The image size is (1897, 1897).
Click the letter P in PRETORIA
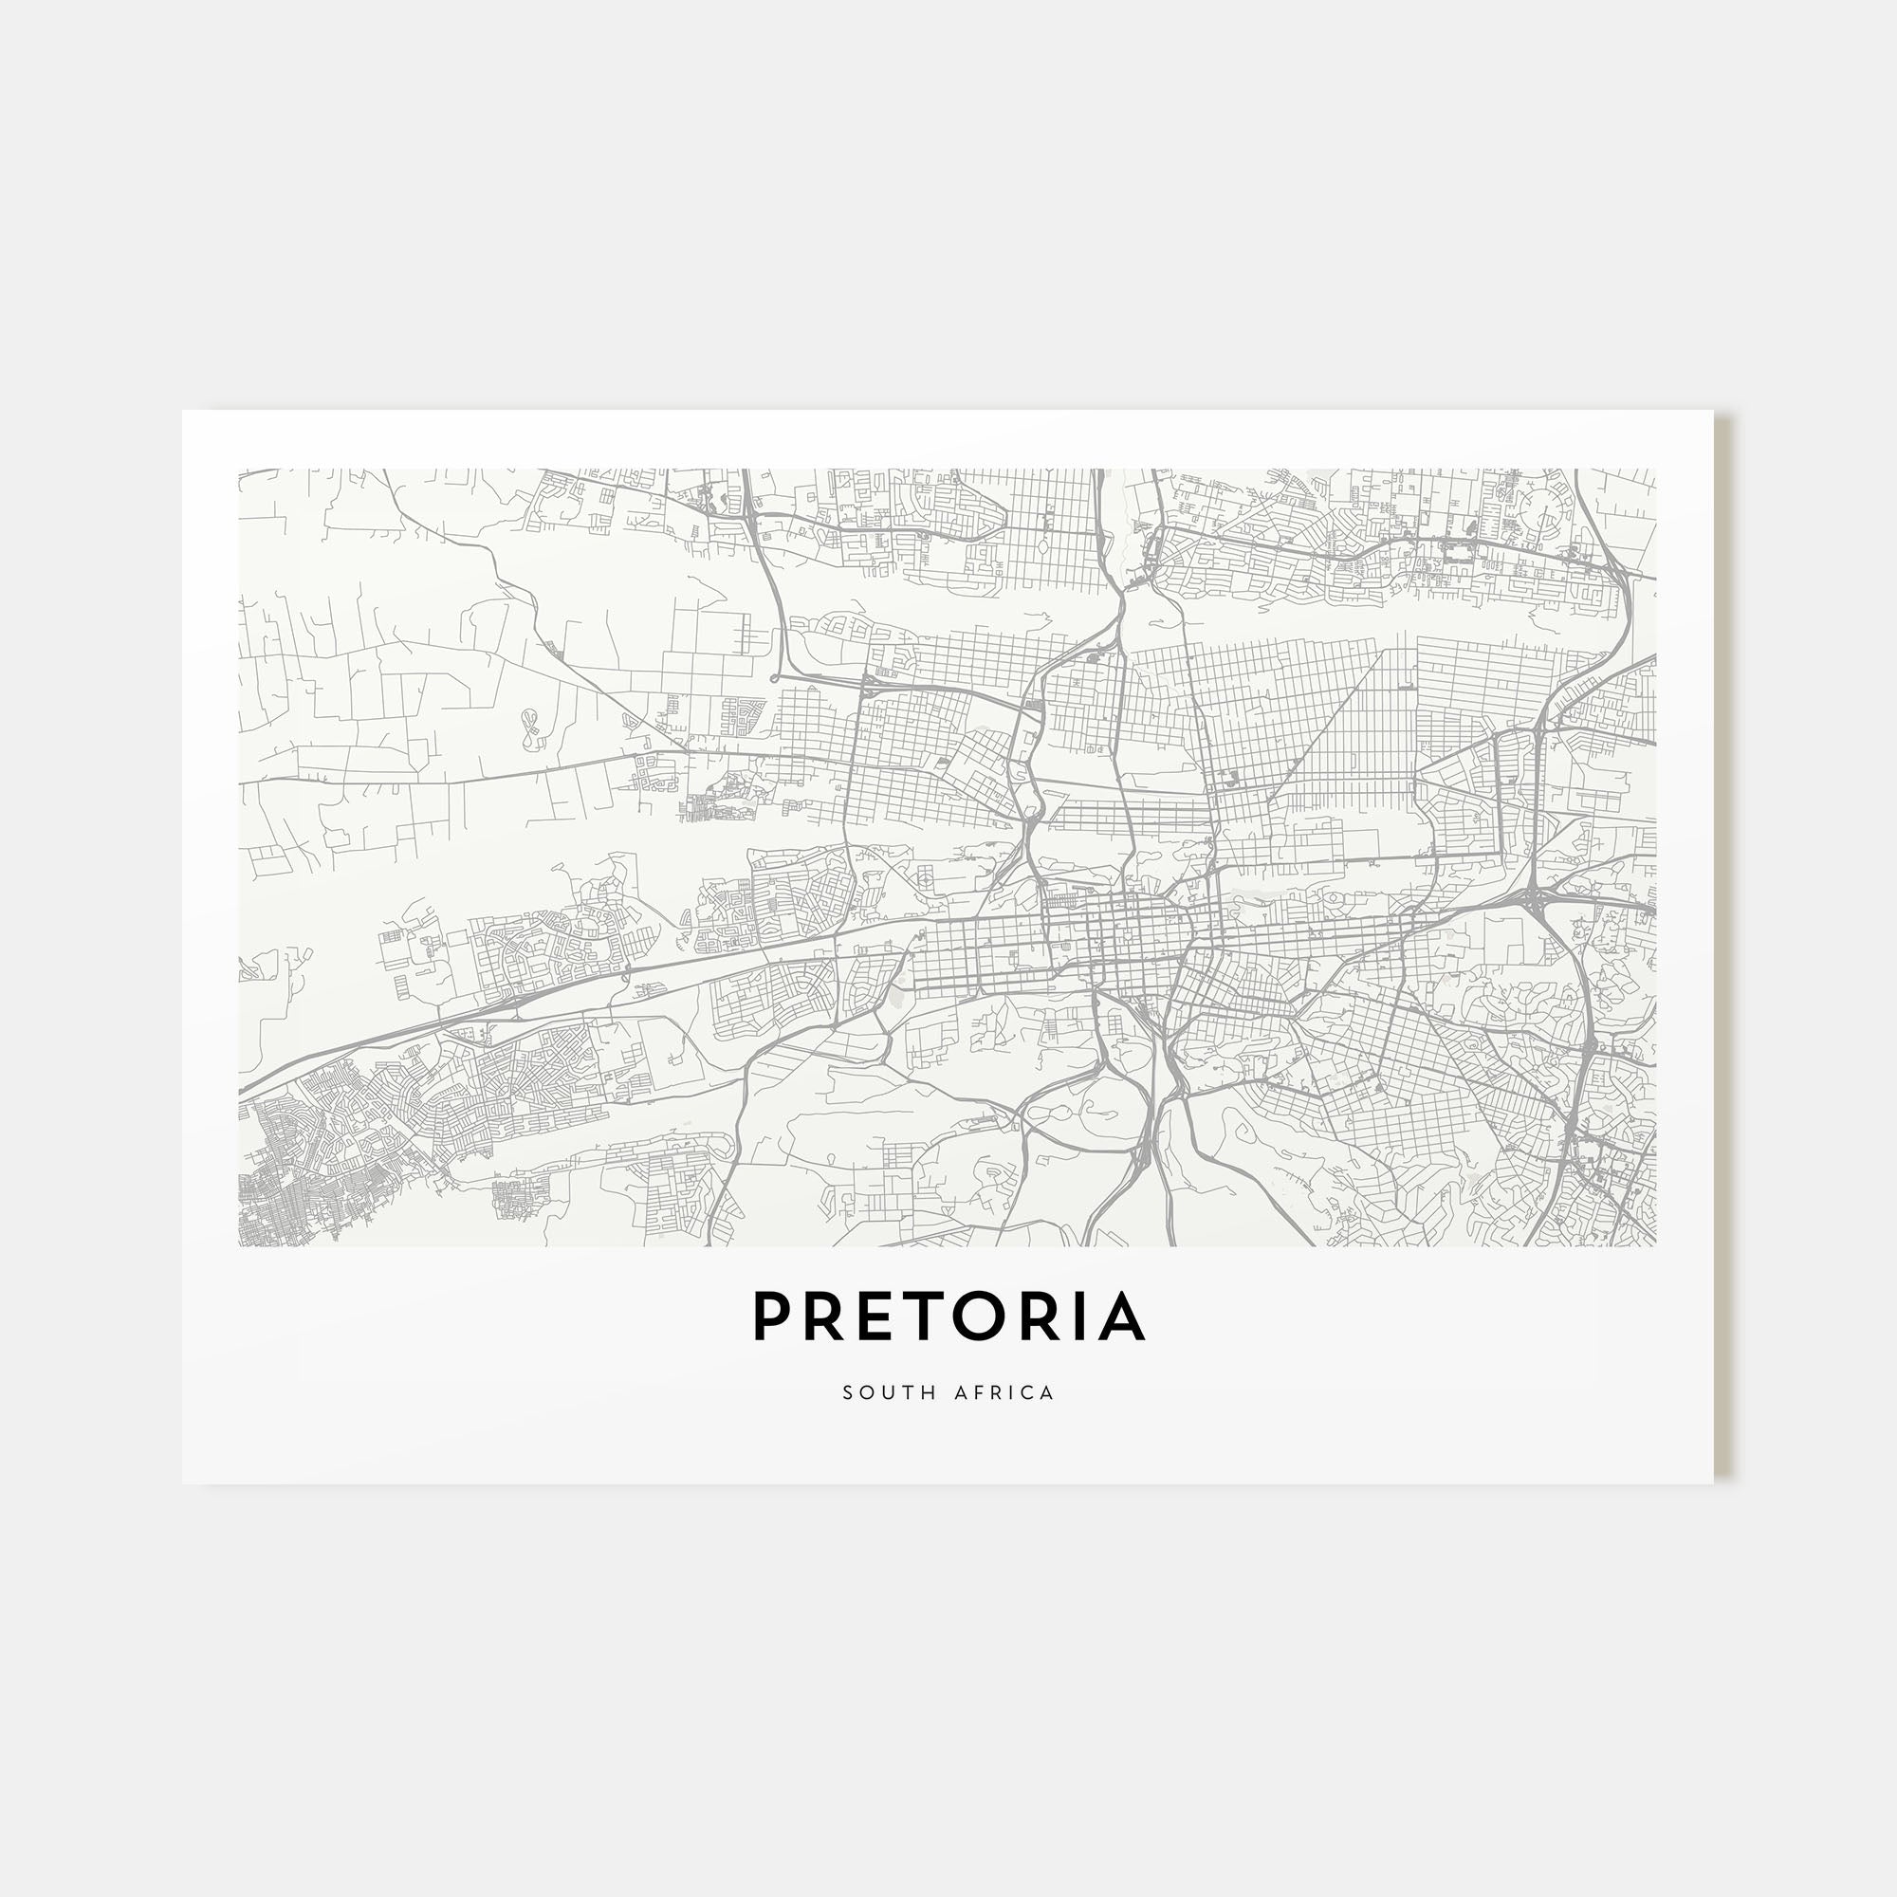[x=774, y=1316]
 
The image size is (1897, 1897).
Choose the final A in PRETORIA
[x=1120, y=1316]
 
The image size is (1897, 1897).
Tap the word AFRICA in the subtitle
[x=1004, y=1393]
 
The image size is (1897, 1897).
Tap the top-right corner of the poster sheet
[x=1712, y=412]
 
